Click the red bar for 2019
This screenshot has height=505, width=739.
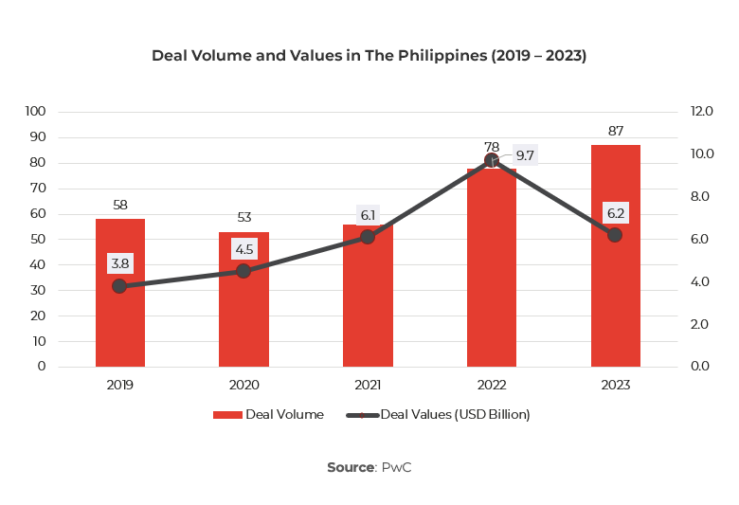pyautogui.click(x=120, y=322)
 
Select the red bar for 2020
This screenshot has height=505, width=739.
pyautogui.click(x=243, y=322)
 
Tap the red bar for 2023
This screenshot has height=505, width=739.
pyautogui.click(x=615, y=303)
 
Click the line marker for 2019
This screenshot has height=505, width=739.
pyautogui.click(x=120, y=285)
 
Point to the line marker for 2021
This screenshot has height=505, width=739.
pyautogui.click(x=368, y=237)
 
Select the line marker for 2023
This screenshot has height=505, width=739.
pyautogui.click(x=615, y=234)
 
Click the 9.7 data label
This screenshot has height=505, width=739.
pyautogui.click(x=525, y=154)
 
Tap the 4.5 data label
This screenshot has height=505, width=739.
pyautogui.click(x=244, y=250)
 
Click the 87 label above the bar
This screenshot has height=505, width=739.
pyautogui.click(x=615, y=131)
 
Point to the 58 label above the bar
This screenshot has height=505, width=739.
pyautogui.click(x=120, y=205)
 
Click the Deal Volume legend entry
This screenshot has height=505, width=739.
pyautogui.click(x=268, y=414)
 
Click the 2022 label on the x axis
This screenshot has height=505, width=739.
pyautogui.click(x=491, y=385)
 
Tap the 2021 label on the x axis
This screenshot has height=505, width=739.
pyautogui.click(x=368, y=385)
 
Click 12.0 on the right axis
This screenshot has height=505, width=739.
pyautogui.click(x=702, y=111)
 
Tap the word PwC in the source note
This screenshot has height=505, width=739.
pyautogui.click(x=396, y=467)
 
